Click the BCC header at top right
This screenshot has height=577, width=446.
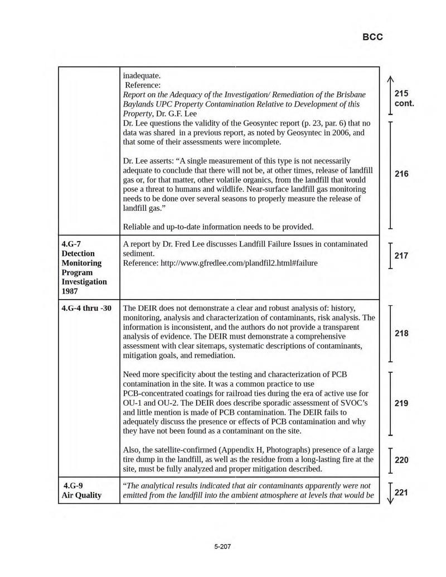372,37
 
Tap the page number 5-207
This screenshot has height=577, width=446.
222,546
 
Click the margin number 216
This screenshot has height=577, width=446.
401,174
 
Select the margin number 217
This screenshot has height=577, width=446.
401,256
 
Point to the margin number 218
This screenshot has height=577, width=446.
401,333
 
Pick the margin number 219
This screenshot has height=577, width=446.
401,403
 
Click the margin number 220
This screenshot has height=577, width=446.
401,460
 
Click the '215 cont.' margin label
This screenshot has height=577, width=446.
404,99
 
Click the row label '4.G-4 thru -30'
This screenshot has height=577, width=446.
86,308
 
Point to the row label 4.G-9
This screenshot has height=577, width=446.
73,485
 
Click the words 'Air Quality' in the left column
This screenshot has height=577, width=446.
81,495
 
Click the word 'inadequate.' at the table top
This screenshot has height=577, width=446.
142,75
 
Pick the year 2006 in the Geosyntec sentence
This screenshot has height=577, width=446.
336,132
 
